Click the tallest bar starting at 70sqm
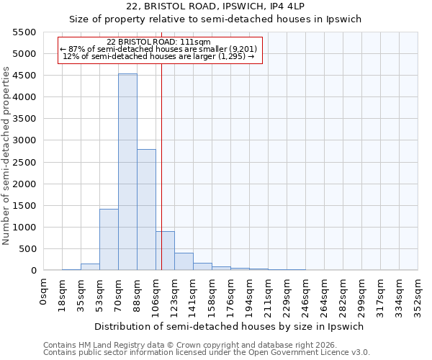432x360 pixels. point(127,172)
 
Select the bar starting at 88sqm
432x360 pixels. point(146,210)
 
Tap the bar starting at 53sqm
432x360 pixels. point(109,239)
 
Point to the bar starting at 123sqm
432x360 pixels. point(184,261)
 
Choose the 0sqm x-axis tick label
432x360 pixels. point(44,292)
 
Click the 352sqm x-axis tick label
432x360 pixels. point(418,295)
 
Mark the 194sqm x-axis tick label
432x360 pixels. point(249,295)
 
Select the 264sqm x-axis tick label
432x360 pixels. point(324,295)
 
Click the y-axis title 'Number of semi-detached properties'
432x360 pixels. point(7,156)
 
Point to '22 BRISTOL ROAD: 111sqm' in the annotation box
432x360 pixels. point(158,42)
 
